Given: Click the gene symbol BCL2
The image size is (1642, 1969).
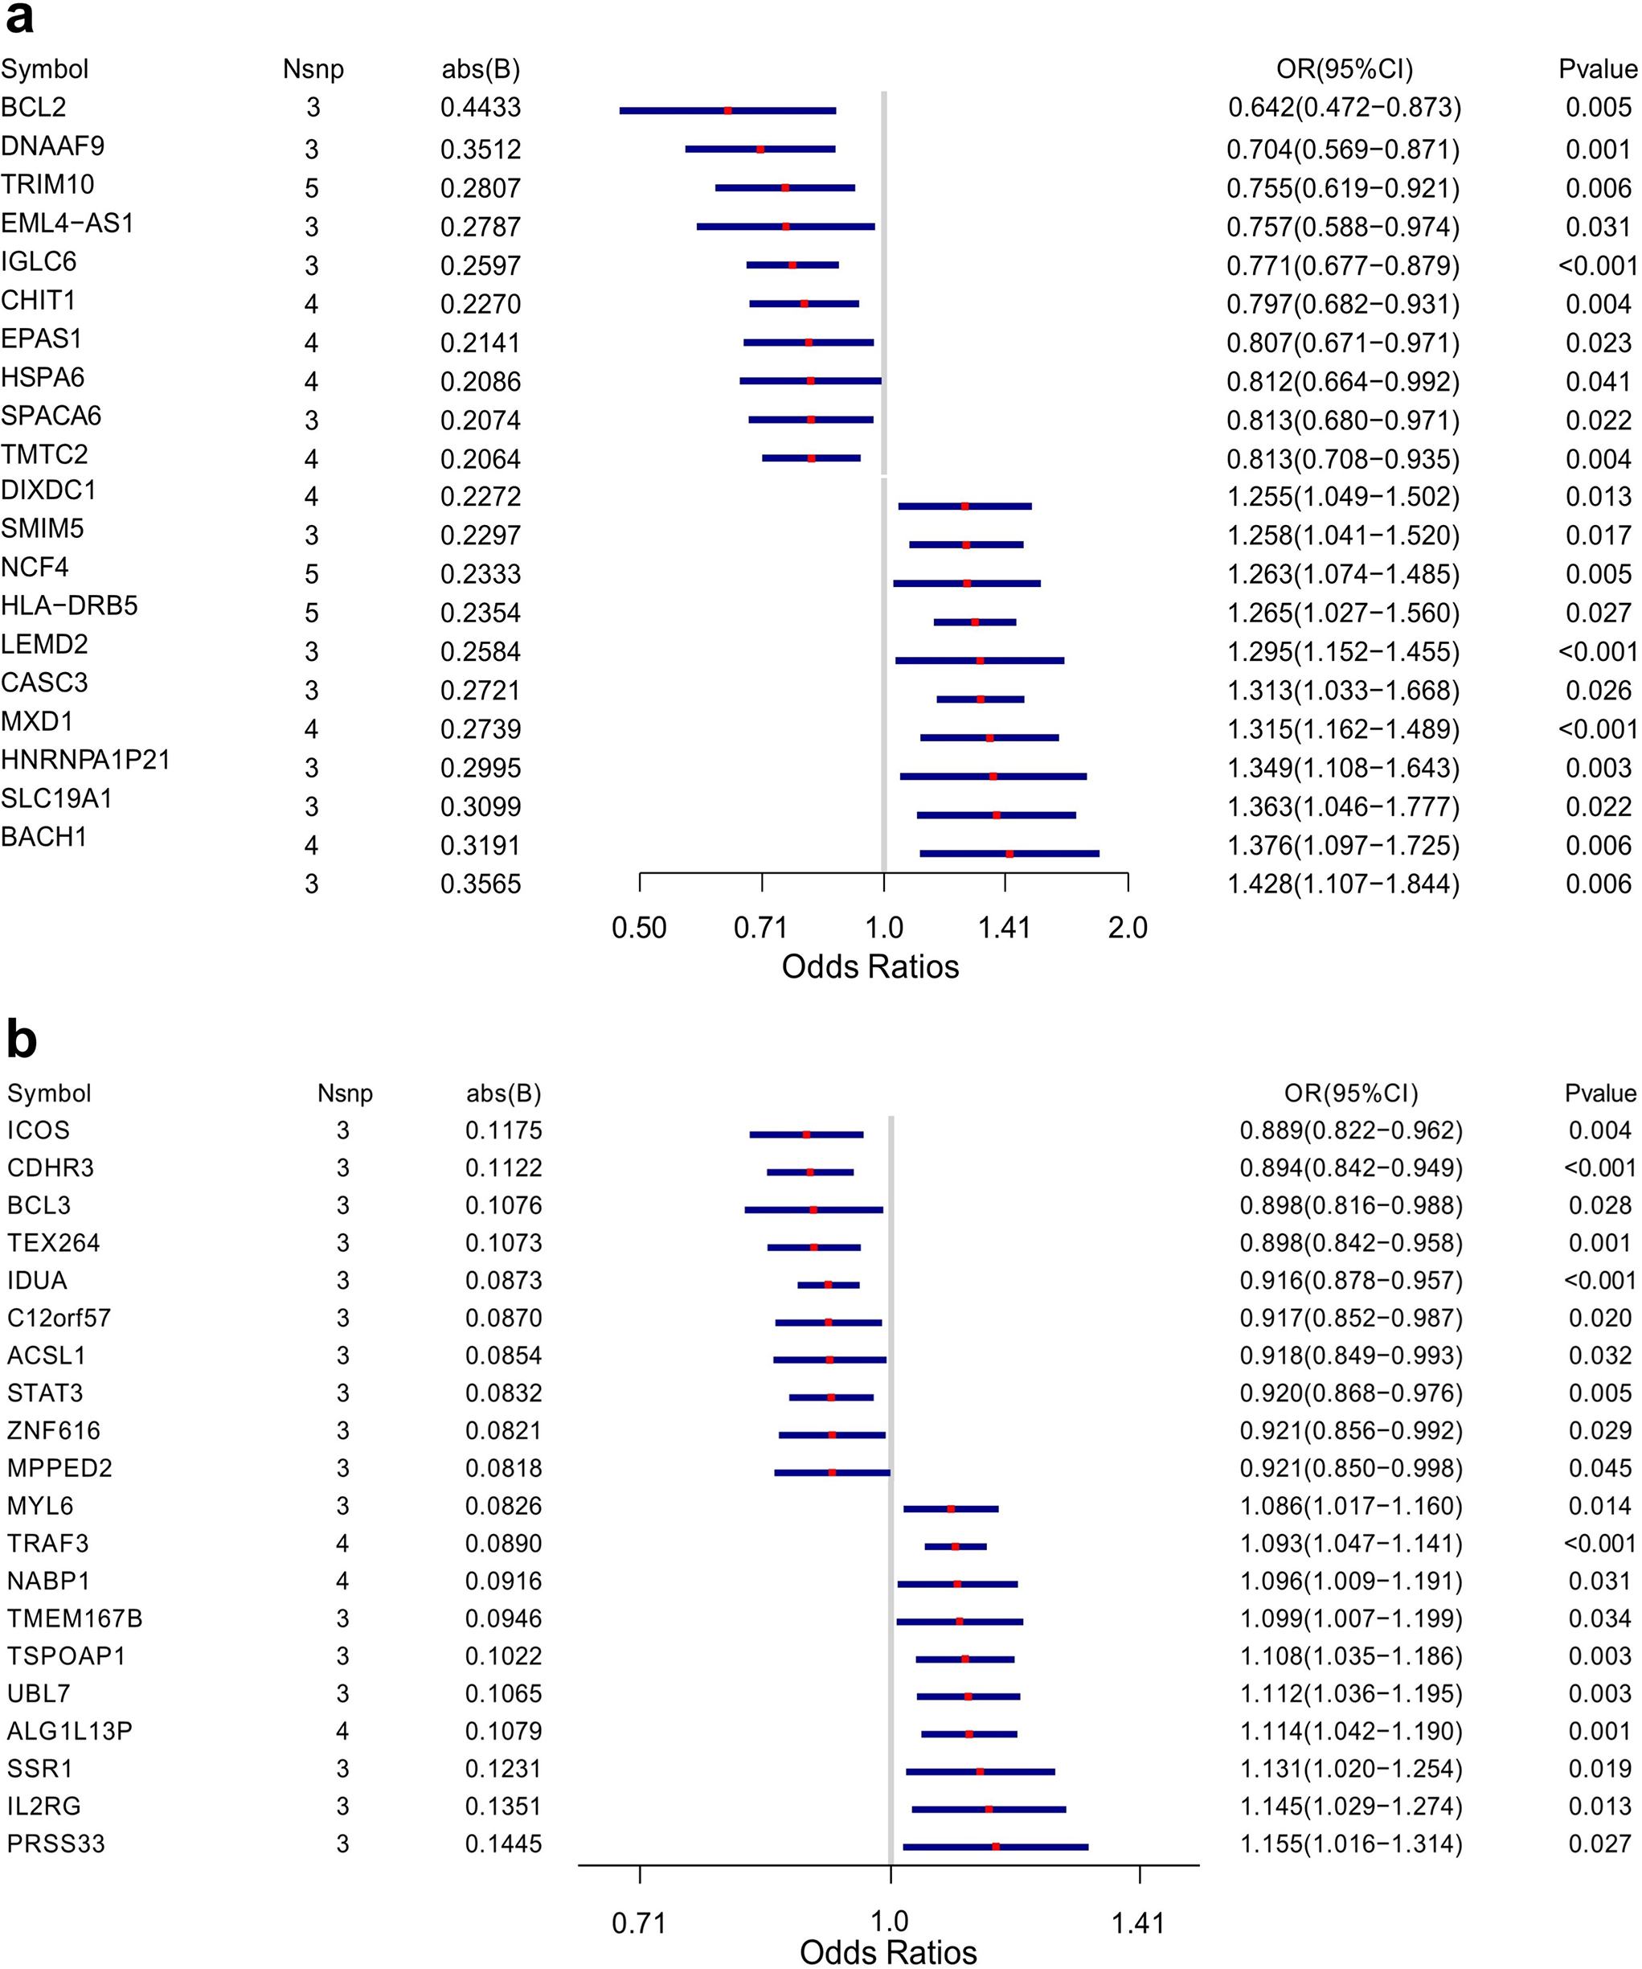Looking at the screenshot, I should click(x=34, y=108).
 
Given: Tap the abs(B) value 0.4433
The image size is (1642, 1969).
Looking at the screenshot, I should click(x=481, y=108).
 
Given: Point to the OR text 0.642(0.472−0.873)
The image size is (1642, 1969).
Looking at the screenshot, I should click(x=1345, y=108).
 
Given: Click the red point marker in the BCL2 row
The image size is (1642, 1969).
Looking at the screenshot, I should click(x=728, y=111).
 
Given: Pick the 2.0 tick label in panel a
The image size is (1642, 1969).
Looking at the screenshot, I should click(x=1128, y=929).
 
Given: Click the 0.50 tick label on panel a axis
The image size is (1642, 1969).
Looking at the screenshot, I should click(x=639, y=929).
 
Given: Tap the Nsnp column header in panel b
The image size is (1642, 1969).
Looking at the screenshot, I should click(x=345, y=1093).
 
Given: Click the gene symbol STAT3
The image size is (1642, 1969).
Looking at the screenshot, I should click(x=45, y=1393).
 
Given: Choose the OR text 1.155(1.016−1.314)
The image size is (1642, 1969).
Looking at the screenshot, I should click(x=1352, y=1844).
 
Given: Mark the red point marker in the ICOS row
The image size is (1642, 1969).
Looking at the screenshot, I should click(x=806, y=1134).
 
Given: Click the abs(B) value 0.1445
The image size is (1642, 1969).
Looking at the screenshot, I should click(x=504, y=1844).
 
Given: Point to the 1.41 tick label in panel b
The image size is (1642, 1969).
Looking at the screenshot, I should click(x=1139, y=1924).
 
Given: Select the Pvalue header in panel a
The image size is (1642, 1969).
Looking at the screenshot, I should click(x=1598, y=69).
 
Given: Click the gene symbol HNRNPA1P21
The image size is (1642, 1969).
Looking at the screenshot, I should click(x=85, y=761).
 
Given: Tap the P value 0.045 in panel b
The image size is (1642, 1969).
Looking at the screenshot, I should click(x=1600, y=1468).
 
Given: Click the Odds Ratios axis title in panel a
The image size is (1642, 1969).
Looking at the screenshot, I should click(x=870, y=966).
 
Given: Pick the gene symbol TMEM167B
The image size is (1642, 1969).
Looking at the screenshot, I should click(x=75, y=1618).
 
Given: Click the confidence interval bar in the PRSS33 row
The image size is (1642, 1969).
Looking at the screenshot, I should click(x=995, y=1847).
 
